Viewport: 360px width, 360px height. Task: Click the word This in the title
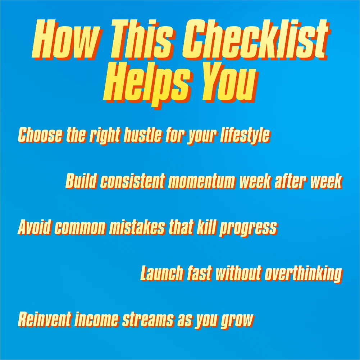coord(142,39)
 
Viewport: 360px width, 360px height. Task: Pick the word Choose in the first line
coord(40,135)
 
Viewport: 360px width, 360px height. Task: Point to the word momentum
coord(203,181)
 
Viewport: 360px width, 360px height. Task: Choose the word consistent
coord(133,181)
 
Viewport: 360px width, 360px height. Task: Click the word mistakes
coord(137,227)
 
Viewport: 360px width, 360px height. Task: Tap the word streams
coord(149,320)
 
